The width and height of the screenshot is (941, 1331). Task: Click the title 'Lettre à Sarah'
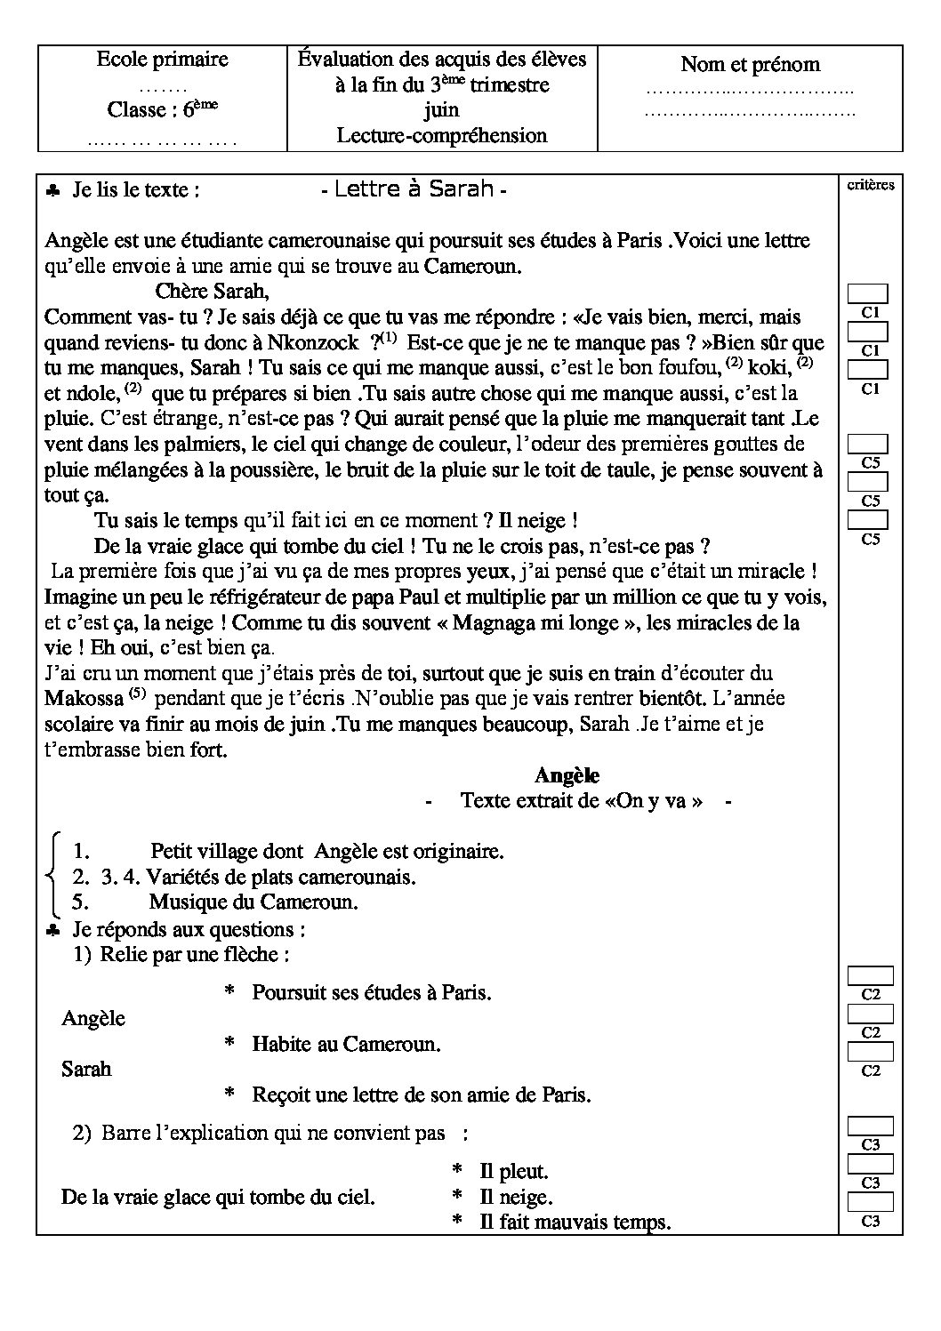coord(414,189)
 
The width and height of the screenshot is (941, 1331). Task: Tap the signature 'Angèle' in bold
coord(567,775)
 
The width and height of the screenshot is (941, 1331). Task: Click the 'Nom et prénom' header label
coord(750,64)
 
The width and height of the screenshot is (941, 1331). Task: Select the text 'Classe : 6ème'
coord(162,109)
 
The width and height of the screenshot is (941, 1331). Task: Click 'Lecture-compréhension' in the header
coord(441,135)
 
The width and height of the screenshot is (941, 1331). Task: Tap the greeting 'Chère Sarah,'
coord(212,291)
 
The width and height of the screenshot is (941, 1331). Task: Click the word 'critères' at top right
coord(871,184)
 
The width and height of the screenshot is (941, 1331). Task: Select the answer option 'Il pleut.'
coord(513,1172)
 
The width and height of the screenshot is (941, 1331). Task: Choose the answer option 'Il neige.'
coord(515,1197)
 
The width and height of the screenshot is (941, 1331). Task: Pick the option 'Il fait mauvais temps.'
coord(575,1222)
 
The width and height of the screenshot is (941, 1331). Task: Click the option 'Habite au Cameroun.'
coord(346,1044)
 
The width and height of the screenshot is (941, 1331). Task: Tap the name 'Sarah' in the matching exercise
coord(86,1069)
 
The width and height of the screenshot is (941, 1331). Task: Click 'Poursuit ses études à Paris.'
coord(372,992)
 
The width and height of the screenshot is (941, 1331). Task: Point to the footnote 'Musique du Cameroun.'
coord(253,902)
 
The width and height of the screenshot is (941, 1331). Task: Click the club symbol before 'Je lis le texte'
coord(53,190)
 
